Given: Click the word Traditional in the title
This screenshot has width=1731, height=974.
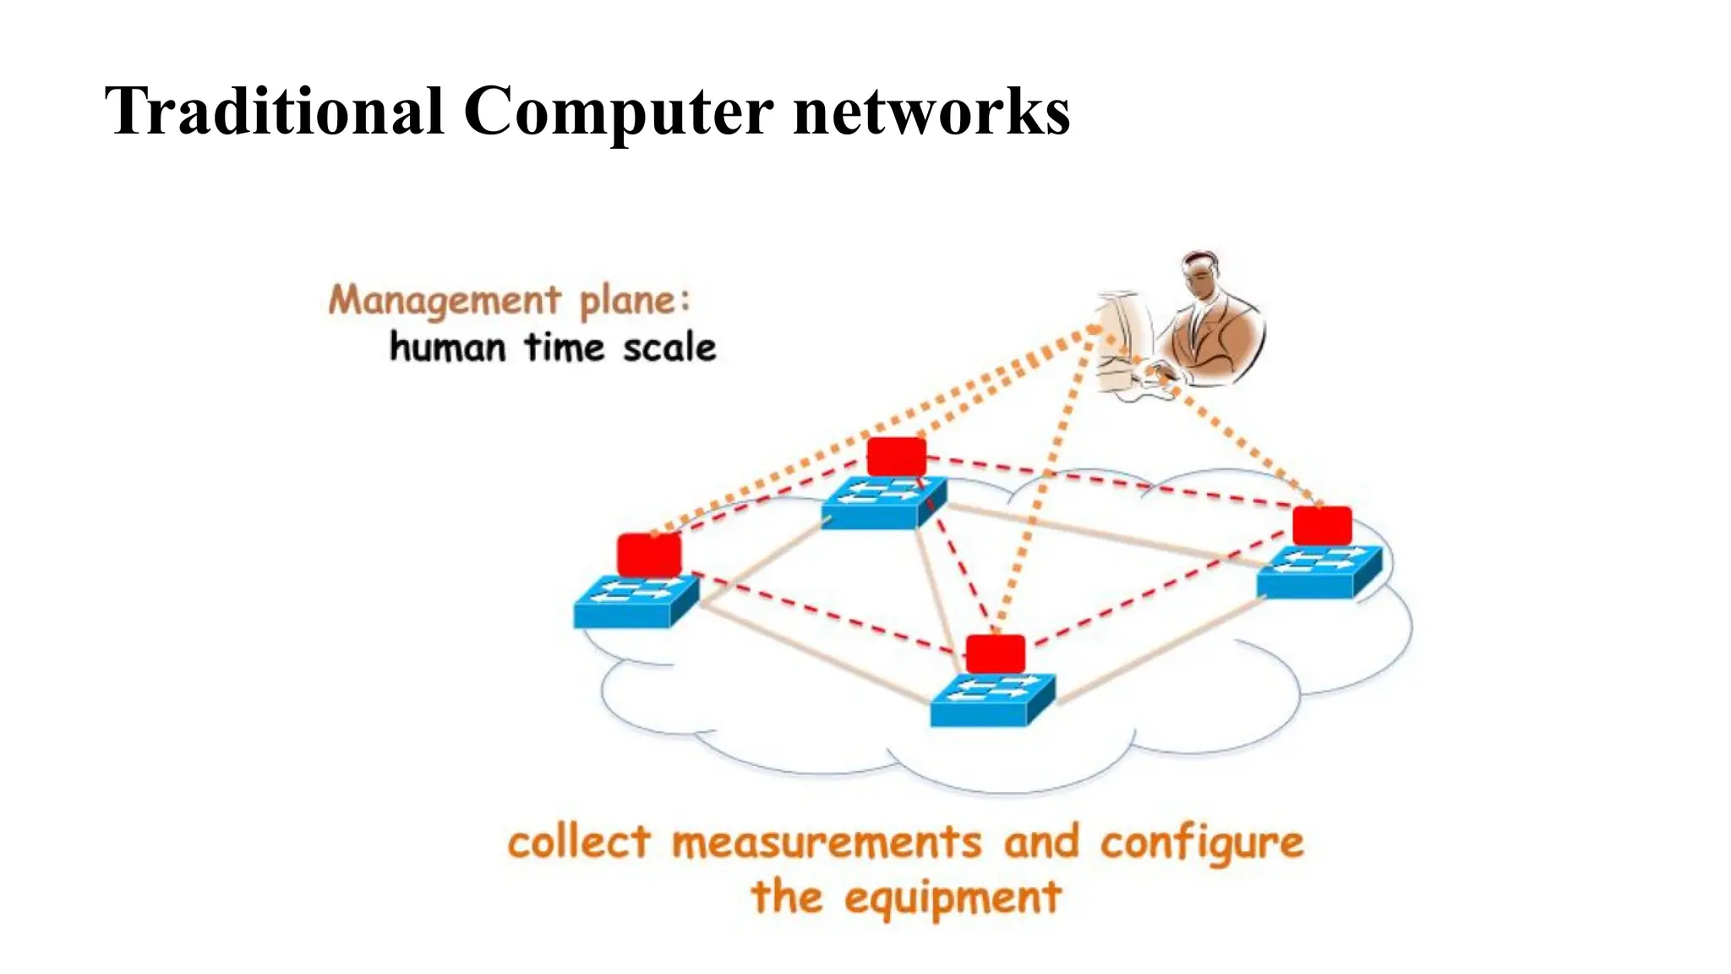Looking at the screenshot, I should (x=274, y=112).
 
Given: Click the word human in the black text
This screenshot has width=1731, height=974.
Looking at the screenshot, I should (x=447, y=347).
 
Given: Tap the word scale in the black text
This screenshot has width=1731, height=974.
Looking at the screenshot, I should (x=669, y=347).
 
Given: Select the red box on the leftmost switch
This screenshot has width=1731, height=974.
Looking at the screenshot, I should (x=648, y=555).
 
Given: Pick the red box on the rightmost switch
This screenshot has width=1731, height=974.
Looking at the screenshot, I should (x=1322, y=526).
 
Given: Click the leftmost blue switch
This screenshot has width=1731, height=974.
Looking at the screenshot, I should (x=635, y=601).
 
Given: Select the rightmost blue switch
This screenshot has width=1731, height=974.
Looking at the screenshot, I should (x=1319, y=572).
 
